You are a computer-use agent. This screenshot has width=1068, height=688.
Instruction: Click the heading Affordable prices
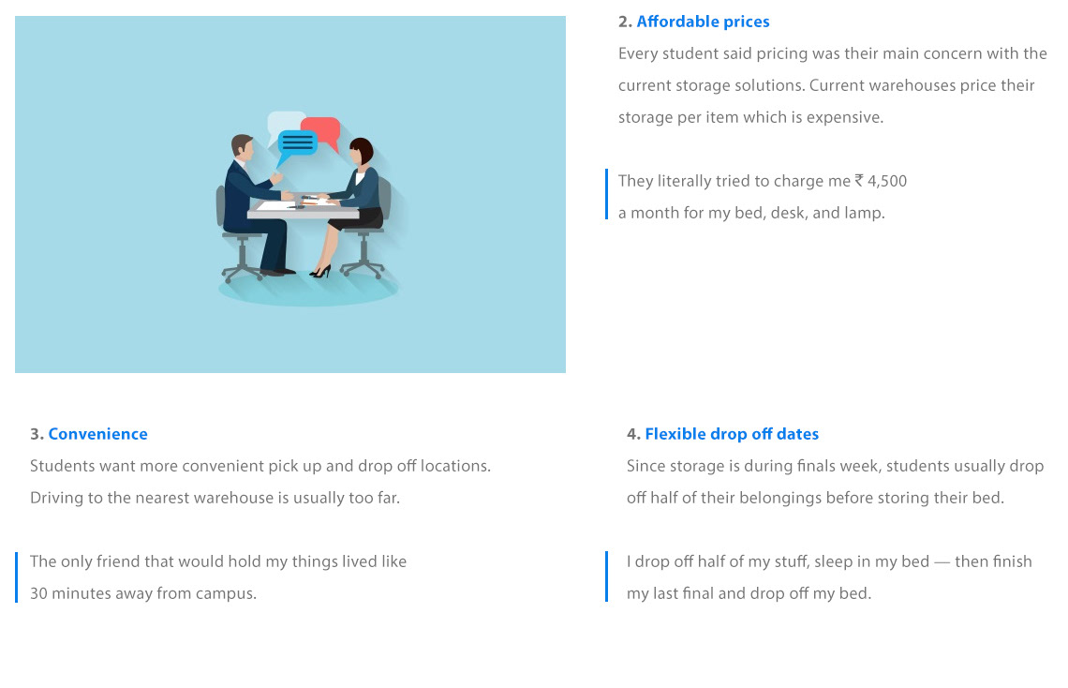703,22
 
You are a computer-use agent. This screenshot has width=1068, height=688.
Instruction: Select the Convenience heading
97,434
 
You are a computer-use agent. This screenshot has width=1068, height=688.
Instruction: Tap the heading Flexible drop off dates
732,434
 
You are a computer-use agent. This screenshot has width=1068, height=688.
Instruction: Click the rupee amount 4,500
887,181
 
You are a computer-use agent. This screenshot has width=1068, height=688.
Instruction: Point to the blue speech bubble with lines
296,144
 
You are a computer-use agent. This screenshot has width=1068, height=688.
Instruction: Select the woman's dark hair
363,150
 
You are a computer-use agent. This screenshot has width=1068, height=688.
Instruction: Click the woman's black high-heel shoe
320,272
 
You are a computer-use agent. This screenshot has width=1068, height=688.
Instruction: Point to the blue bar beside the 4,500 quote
606,194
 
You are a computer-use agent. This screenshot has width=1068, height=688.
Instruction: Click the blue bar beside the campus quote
16,577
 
